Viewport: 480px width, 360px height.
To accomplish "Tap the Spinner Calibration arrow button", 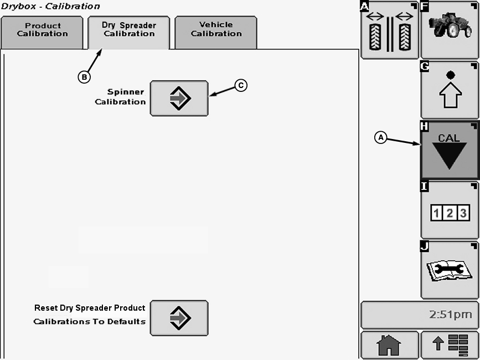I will pos(179,99).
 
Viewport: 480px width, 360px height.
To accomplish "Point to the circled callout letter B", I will pos(84,78).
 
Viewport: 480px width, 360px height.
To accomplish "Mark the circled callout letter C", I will pos(240,85).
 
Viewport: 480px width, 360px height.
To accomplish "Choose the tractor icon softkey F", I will pos(450,29).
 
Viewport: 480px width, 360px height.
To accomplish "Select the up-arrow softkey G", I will pos(450,90).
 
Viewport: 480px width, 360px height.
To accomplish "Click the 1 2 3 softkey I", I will pos(450,210).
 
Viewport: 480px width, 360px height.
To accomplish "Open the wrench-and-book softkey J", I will pos(450,270).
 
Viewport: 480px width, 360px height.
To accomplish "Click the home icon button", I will pos(389,346).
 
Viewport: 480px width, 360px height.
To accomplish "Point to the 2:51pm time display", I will pos(420,315).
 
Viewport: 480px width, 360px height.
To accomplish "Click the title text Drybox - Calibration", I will pos(50,7).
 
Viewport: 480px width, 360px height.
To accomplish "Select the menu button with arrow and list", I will pos(450,346).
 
